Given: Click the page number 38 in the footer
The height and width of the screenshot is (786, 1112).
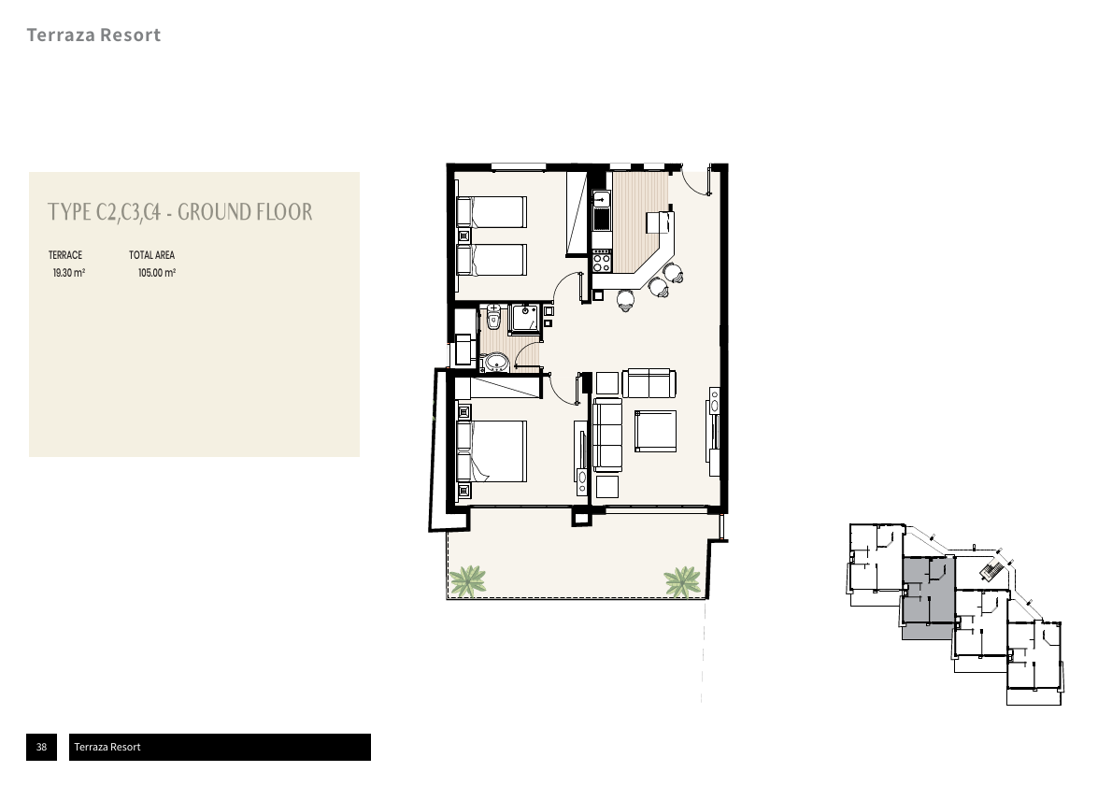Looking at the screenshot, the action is click(42, 747).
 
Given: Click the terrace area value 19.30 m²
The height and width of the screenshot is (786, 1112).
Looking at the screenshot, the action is click(69, 273).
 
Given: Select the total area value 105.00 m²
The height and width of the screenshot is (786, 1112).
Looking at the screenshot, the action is click(157, 273).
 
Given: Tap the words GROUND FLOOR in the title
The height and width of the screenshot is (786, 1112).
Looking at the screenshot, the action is click(245, 212).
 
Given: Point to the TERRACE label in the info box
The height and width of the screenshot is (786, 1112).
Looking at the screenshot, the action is click(65, 255).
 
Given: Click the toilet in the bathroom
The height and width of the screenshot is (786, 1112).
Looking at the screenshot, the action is click(493, 317).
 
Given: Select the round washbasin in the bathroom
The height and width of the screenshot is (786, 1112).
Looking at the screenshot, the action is click(495, 364).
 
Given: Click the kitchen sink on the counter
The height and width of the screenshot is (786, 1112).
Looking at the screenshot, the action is click(602, 211).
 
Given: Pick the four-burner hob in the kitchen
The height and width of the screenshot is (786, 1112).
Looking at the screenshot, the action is click(602, 262).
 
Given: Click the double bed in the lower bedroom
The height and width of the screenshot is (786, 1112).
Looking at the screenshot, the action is click(492, 451).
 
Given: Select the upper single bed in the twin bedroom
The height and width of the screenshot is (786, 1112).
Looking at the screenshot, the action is click(492, 212).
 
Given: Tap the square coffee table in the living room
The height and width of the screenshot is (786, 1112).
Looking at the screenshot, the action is click(655, 431).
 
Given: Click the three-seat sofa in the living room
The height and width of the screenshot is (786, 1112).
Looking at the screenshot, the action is click(607, 435).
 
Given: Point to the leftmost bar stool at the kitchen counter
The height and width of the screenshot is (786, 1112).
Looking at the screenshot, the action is click(625, 300).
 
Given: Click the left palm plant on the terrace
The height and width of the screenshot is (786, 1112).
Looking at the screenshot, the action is click(467, 581).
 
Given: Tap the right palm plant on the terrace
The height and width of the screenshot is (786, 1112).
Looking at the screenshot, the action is click(682, 581).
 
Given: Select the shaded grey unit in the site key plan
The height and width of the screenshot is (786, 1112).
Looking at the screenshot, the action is click(928, 597).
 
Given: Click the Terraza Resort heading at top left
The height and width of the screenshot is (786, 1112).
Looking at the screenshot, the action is click(93, 35).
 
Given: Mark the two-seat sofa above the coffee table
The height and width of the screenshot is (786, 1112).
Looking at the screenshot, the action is click(649, 383).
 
